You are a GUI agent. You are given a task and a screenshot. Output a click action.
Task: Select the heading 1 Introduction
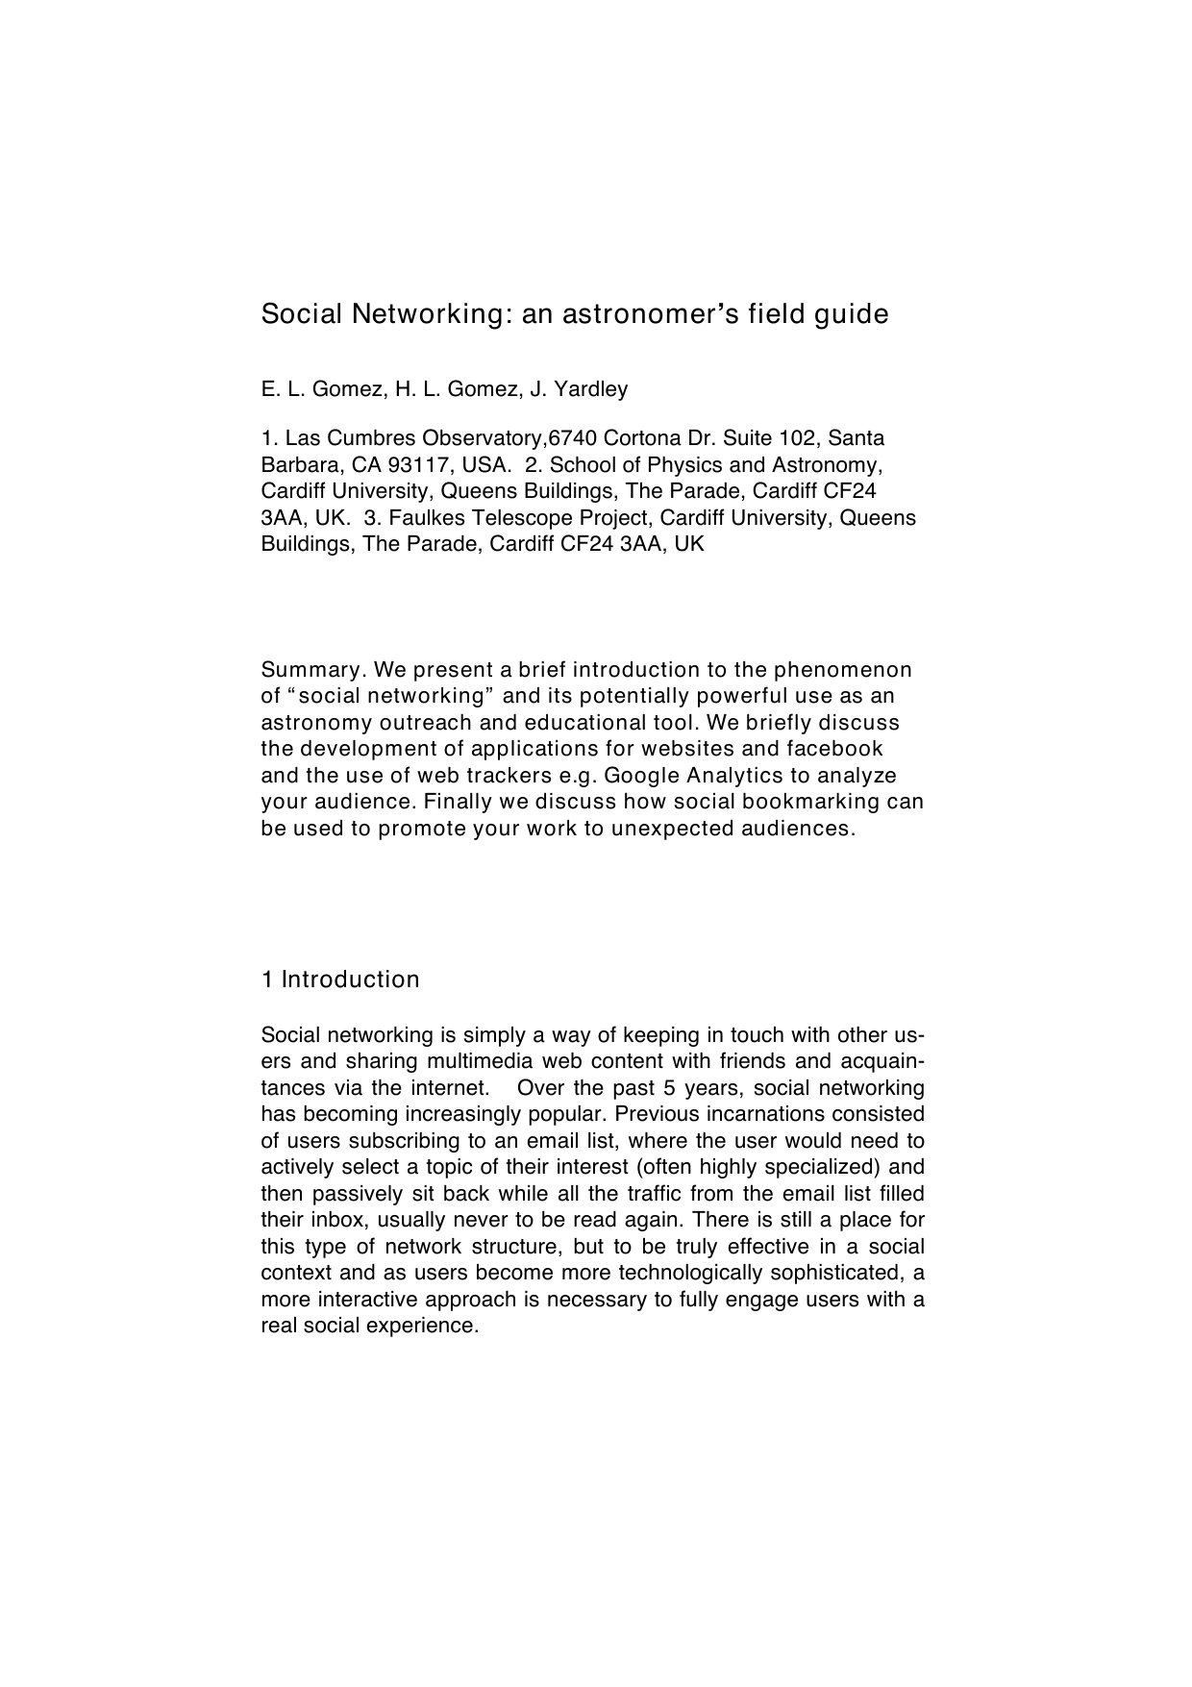point(340,980)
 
